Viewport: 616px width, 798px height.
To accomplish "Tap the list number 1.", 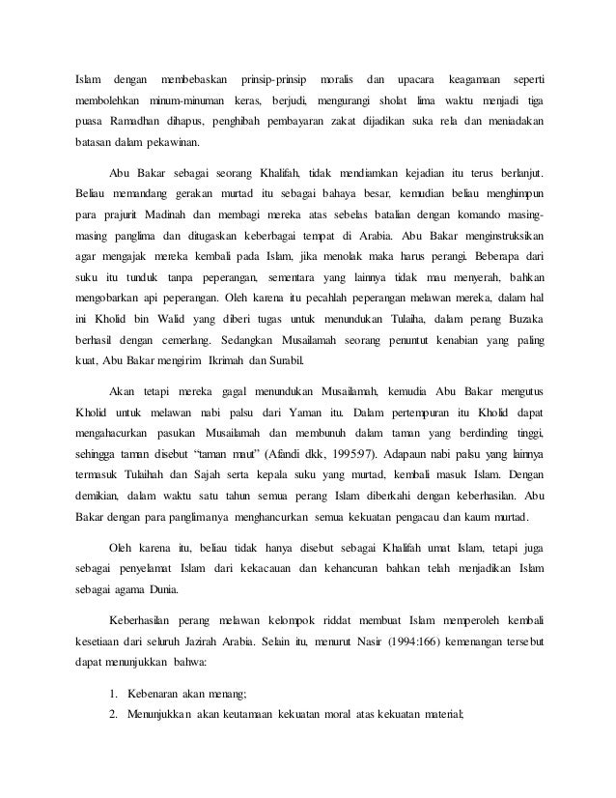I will pos(114,693).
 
